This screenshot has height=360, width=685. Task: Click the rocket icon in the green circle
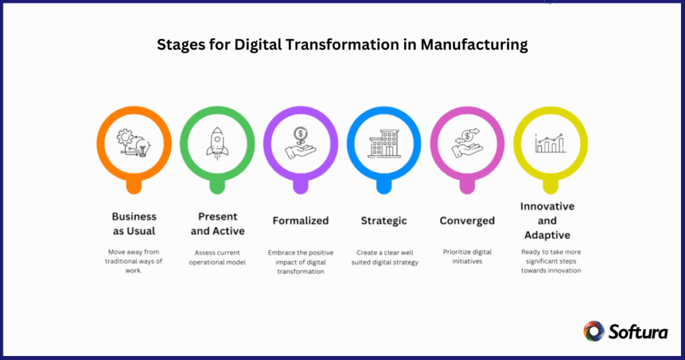tap(217, 144)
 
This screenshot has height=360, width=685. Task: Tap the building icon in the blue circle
tap(384, 144)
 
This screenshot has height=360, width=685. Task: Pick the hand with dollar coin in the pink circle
tap(467, 144)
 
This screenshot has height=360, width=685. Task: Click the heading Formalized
tap(300, 220)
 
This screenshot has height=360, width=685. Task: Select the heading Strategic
tap(384, 220)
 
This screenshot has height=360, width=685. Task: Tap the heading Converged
tap(467, 220)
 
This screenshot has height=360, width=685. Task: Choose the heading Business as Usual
tap(134, 223)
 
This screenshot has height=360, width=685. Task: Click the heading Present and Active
tap(217, 223)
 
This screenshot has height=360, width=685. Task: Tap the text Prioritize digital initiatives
tap(467, 257)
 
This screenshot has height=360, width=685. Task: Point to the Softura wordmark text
tap(637, 331)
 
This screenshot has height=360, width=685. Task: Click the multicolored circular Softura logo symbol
tap(594, 331)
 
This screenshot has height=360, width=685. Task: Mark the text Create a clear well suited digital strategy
tap(384, 257)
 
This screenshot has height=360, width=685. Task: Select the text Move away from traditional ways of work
tap(134, 262)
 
